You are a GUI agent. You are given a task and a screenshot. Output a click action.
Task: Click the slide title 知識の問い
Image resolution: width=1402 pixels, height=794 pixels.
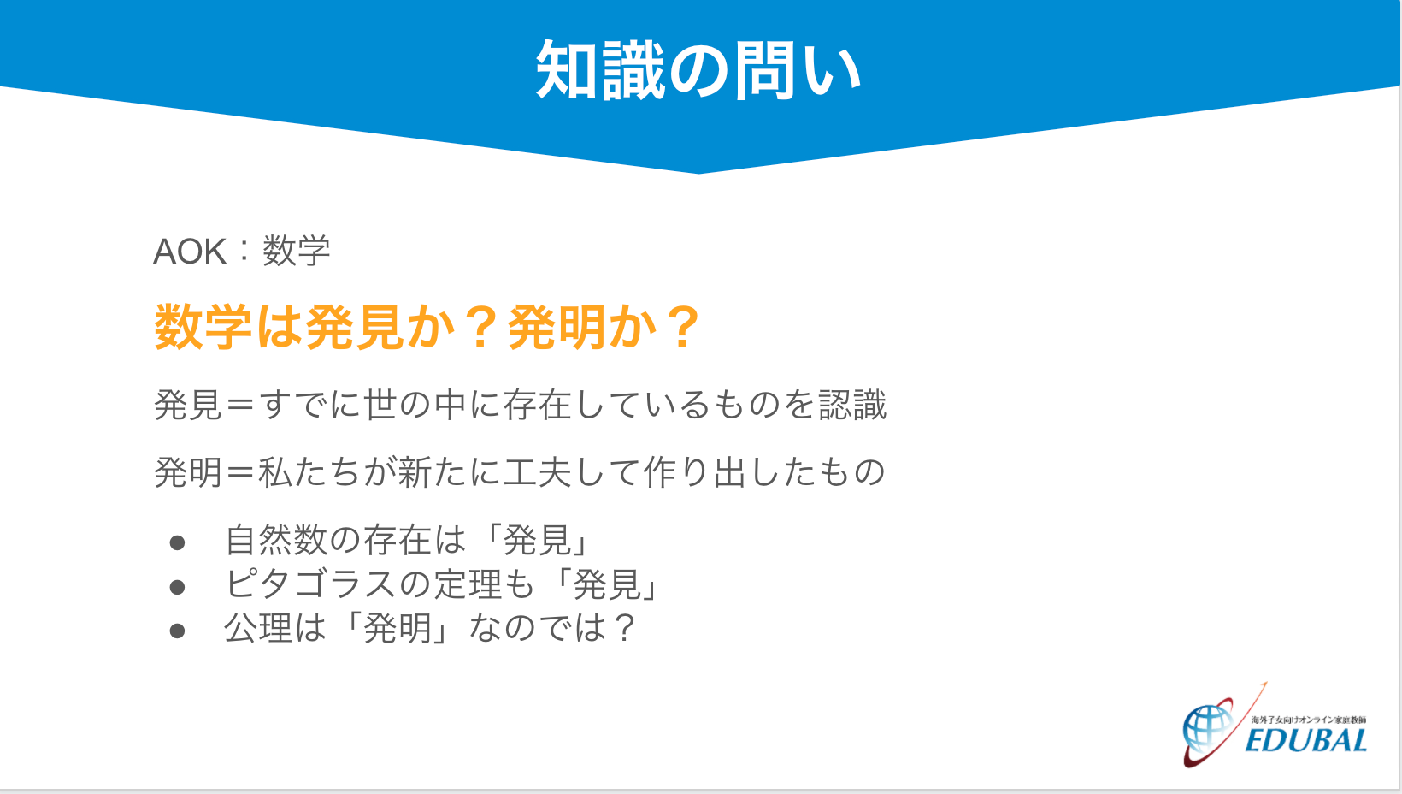coord(698,69)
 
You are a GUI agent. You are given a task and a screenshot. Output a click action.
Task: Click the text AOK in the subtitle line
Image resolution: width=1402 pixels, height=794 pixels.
coord(190,252)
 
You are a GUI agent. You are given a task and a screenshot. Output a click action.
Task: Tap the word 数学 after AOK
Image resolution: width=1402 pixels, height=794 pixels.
coord(296,251)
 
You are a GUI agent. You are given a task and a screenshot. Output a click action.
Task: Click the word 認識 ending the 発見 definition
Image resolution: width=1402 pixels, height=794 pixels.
coord(853,405)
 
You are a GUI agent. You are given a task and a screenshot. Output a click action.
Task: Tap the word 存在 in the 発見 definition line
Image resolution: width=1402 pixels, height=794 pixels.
coord(539,405)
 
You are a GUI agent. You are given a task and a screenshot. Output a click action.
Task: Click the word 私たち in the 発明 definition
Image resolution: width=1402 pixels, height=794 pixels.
coord(310,472)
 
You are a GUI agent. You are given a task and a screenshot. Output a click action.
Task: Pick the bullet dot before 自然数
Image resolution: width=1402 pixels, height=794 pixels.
coord(177,543)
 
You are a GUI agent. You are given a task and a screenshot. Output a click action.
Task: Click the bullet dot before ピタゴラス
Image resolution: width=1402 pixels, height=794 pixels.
coord(177,587)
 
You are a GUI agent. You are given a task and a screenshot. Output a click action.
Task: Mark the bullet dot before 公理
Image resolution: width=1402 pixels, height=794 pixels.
coord(177,631)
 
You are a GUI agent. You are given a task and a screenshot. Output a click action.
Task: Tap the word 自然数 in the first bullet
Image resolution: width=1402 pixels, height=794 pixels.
coord(276,540)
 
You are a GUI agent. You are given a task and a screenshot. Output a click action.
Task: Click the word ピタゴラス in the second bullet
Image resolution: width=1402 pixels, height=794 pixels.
coord(310,584)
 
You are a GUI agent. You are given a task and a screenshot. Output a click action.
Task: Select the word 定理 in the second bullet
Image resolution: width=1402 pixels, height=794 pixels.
coord(468,584)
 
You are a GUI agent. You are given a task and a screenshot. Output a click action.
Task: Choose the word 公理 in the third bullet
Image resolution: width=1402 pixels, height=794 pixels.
coord(258,628)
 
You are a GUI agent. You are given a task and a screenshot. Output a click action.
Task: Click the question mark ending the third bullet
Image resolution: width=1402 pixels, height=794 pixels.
coord(623,628)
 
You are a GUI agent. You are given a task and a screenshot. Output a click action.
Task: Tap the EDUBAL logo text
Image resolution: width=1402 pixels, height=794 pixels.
coord(1306,741)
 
